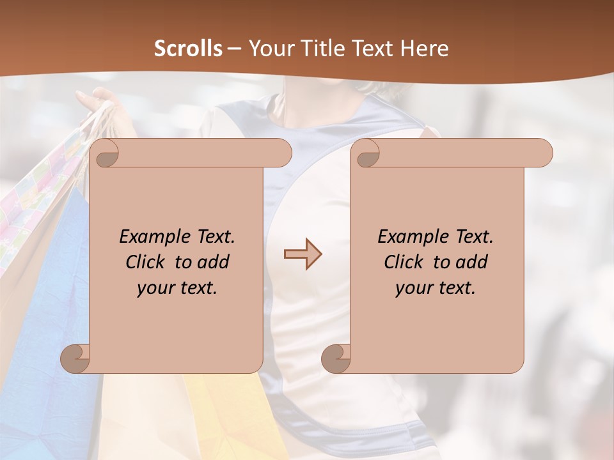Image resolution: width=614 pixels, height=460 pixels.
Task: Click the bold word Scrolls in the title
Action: click(188, 49)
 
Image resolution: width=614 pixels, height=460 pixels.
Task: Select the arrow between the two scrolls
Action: click(303, 254)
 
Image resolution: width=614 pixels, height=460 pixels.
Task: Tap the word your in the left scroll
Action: click(156, 288)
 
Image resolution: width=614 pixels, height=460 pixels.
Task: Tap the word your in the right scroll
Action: click(414, 288)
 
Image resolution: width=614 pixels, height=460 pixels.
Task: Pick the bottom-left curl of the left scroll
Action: click(75, 358)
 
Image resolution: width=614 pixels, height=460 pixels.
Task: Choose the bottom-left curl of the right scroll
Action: click(336, 358)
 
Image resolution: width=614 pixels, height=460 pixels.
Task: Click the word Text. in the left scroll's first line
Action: click(213, 237)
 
